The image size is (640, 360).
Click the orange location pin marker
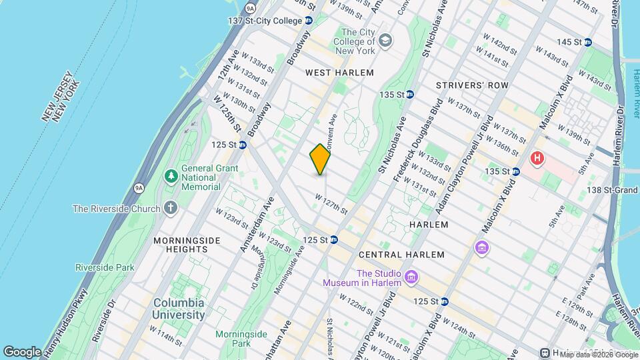click(320, 159)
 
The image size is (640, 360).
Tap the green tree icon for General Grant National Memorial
click(171, 175)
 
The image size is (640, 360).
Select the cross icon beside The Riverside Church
click(171, 208)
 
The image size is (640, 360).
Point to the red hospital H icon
click(537, 159)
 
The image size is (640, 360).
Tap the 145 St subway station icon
click(587, 42)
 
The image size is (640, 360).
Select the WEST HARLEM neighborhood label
click(339, 72)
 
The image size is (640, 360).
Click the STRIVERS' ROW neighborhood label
click(472, 85)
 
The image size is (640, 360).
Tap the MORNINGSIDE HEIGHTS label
click(180, 244)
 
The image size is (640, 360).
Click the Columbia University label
click(179, 308)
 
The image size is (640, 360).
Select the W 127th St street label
click(331, 204)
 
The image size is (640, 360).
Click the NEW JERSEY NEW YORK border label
click(61, 100)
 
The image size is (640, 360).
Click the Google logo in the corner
click(23, 351)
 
